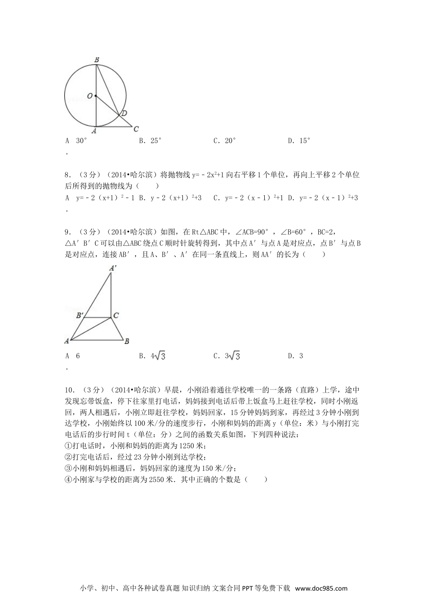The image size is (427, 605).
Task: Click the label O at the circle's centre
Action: point(90,96)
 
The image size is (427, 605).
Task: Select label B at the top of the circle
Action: point(97,59)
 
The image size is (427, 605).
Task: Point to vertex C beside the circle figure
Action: point(136,129)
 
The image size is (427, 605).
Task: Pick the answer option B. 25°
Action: point(150,140)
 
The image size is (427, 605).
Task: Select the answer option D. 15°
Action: point(299,140)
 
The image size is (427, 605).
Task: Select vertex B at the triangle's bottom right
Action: point(127,341)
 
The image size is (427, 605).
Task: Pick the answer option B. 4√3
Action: point(152,356)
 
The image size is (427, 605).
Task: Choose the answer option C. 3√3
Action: point(227,356)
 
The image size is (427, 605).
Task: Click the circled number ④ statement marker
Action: point(68,479)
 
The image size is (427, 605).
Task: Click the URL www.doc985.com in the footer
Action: point(322,588)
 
